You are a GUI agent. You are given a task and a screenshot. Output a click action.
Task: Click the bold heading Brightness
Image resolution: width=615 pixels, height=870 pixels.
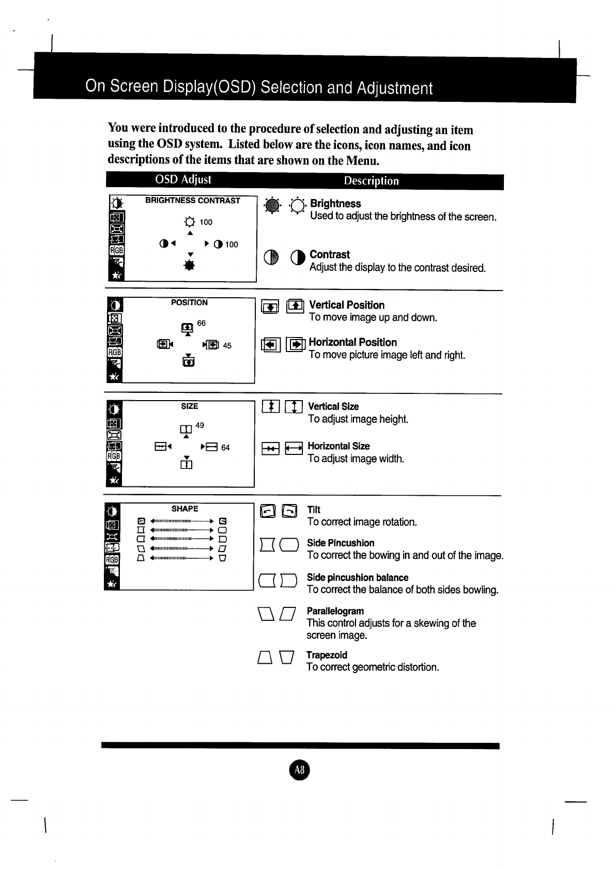pyautogui.click(x=335, y=204)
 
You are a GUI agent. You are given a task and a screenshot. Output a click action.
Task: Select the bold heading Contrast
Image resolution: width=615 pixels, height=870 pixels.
pyautogui.click(x=330, y=254)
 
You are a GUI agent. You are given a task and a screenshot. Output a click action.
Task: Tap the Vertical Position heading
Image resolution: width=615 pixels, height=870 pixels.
pyautogui.click(x=347, y=305)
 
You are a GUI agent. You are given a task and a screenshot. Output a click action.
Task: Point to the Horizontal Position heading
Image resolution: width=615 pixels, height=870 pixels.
pyautogui.click(x=353, y=342)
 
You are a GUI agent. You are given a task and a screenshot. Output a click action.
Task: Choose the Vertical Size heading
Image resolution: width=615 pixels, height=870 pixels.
pyautogui.click(x=333, y=406)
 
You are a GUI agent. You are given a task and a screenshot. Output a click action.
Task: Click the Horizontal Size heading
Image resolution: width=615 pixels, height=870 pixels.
pyautogui.click(x=339, y=446)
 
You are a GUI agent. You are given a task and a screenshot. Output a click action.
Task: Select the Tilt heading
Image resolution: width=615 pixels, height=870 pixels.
pyautogui.click(x=314, y=510)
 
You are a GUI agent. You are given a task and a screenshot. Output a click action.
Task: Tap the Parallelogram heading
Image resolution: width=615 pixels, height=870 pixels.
pyautogui.click(x=335, y=611)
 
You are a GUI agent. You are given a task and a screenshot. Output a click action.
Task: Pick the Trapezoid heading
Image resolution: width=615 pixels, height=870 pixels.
pyautogui.click(x=327, y=655)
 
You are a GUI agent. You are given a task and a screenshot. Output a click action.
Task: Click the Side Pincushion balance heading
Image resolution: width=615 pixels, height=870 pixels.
pyautogui.click(x=358, y=577)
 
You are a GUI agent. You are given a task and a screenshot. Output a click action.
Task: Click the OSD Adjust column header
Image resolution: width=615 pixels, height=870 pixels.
pyautogui.click(x=183, y=179)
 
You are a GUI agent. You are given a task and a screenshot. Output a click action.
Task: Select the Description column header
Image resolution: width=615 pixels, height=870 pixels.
pyautogui.click(x=371, y=181)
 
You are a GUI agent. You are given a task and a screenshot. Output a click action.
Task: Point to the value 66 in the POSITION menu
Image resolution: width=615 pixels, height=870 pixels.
pyautogui.click(x=201, y=323)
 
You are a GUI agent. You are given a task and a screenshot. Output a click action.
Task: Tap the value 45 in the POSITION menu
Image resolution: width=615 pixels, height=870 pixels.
pyautogui.click(x=227, y=346)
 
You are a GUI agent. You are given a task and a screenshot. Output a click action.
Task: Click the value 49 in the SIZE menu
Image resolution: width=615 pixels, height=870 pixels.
pyautogui.click(x=199, y=425)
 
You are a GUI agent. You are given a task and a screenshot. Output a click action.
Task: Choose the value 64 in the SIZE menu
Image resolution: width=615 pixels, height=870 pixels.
pyautogui.click(x=225, y=448)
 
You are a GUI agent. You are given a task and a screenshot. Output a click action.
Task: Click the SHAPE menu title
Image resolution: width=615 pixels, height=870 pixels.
pyautogui.click(x=185, y=509)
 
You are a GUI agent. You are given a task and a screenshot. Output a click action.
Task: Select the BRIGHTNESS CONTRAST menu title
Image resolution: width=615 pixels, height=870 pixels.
pyautogui.click(x=193, y=201)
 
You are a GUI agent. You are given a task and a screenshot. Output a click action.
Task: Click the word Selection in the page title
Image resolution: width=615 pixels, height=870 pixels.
pyautogui.click(x=289, y=87)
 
